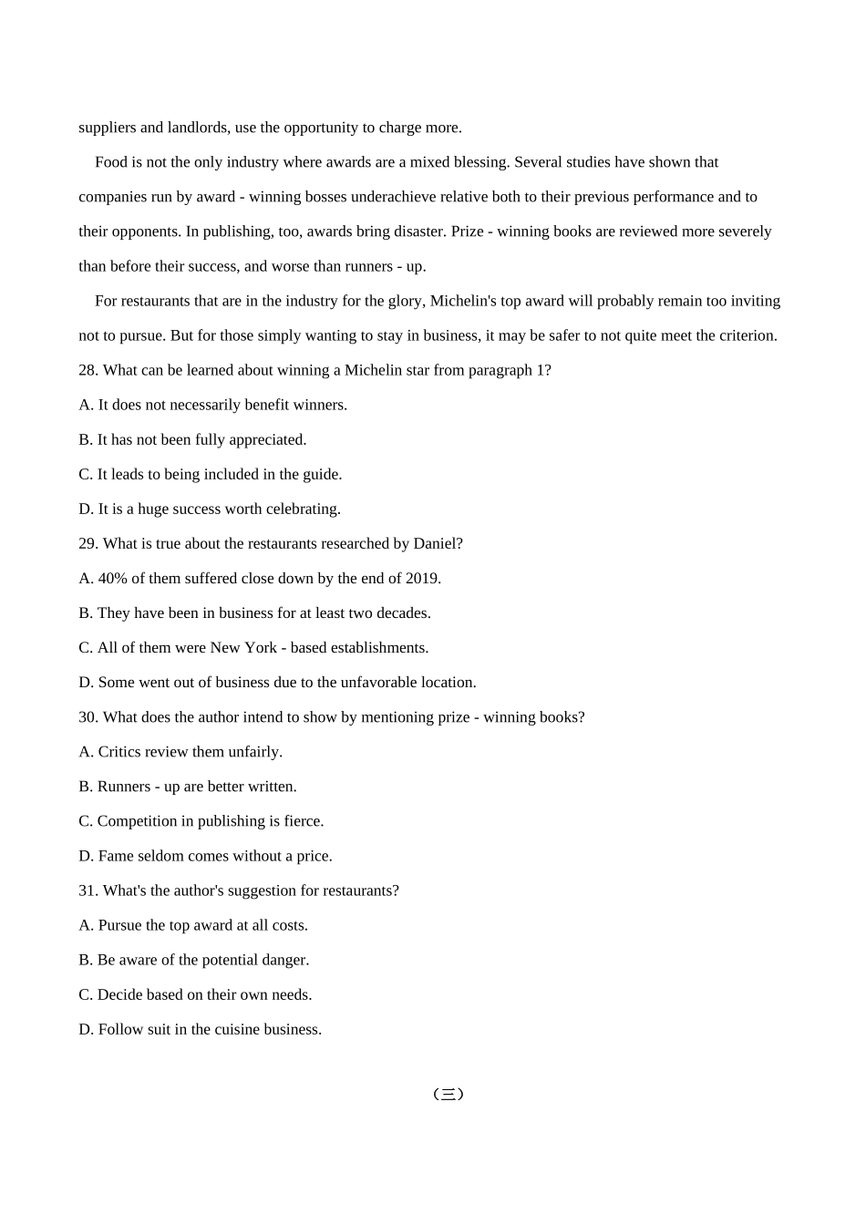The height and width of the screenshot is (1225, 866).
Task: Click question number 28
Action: click(88, 370)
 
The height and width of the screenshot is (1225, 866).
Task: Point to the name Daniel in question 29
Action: click(435, 543)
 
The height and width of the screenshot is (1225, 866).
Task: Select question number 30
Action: click(88, 717)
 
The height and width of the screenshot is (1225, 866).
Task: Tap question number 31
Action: click(88, 890)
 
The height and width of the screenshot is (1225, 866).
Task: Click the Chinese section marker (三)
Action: click(448, 1094)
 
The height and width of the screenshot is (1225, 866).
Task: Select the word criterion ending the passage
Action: click(746, 335)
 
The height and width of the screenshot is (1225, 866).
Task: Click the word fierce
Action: click(303, 821)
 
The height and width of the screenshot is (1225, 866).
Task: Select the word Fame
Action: click(117, 856)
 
